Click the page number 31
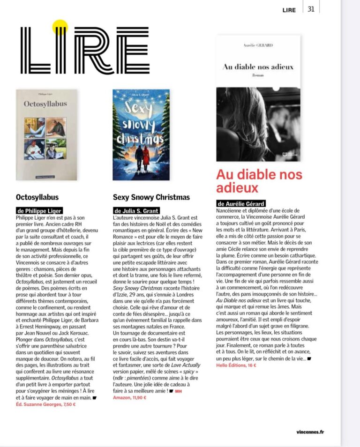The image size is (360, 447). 311,9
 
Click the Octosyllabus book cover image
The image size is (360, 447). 47,135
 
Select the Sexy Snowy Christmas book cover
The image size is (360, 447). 141,135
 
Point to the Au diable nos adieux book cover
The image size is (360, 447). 258,98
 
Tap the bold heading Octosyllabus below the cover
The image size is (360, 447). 37,197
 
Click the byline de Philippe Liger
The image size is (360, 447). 39,211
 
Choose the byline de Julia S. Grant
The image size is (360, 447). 136,211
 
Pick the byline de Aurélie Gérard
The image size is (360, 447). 241,203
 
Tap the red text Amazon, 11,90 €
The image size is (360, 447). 129,397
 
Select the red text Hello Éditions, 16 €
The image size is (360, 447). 236,365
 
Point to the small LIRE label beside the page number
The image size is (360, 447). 289,10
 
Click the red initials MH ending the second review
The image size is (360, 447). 178,391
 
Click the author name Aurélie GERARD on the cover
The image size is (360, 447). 258,45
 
